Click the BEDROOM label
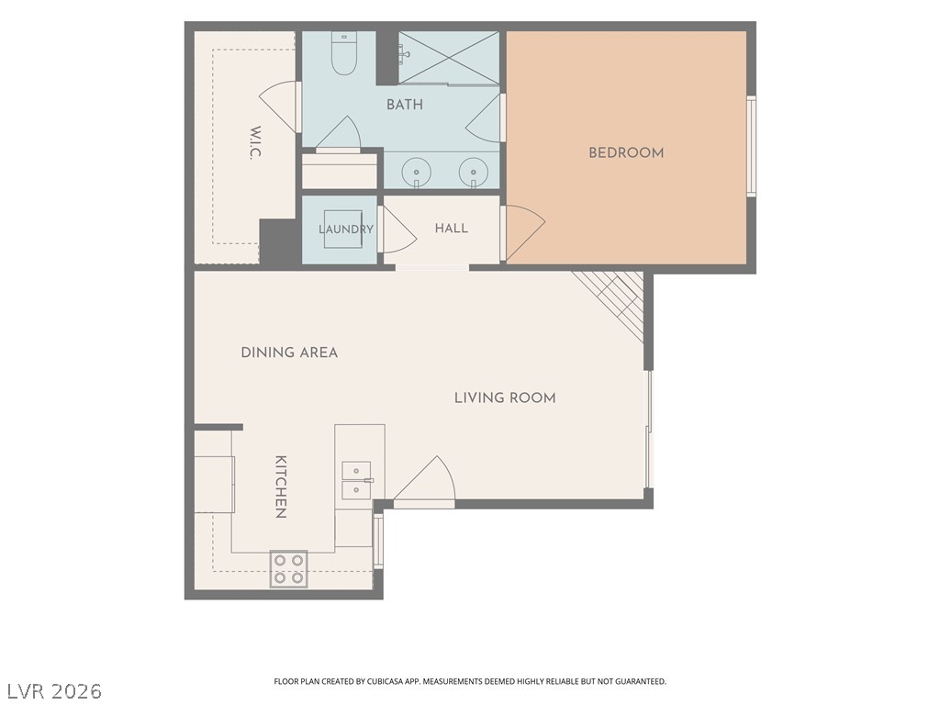(x=626, y=153)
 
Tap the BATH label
(x=405, y=105)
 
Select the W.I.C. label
(x=255, y=142)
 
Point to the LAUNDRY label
(x=346, y=229)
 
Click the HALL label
(x=452, y=229)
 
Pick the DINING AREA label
(x=289, y=352)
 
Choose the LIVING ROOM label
(x=505, y=397)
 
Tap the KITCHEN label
(x=281, y=487)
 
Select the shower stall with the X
(x=449, y=58)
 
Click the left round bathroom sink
(x=416, y=173)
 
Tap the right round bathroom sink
(x=474, y=173)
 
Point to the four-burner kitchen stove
(x=288, y=569)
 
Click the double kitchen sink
(x=357, y=481)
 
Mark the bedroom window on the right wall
(x=751, y=146)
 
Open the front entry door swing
(x=424, y=483)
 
